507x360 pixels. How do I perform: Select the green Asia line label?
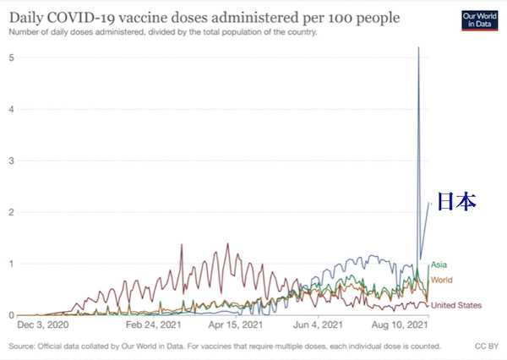pyautogui.click(x=439, y=265)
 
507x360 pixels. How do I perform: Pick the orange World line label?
pyautogui.click(x=442, y=279)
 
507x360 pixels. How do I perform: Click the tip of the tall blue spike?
pyautogui.click(x=419, y=48)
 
